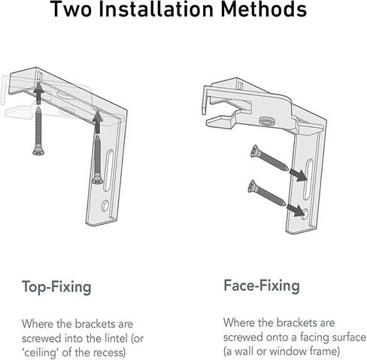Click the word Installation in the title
pos(156,9)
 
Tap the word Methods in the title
pos(264,9)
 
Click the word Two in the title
pos(71,9)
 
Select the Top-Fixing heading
pos(56,287)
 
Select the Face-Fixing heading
pos(262,286)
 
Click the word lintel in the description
pos(115,338)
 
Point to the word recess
pos(110,352)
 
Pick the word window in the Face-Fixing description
pos(287,351)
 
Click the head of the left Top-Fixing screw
pos(38,151)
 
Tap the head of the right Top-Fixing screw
pos(98,180)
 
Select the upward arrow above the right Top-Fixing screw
pos(98,122)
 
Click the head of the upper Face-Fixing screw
pos(254,151)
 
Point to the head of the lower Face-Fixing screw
pos(252,186)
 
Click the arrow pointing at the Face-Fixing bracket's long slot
pos(298,174)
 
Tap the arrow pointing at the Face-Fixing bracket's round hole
pos(296,210)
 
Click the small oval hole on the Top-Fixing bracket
pos(105,205)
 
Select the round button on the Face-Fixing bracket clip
pos(267,121)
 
